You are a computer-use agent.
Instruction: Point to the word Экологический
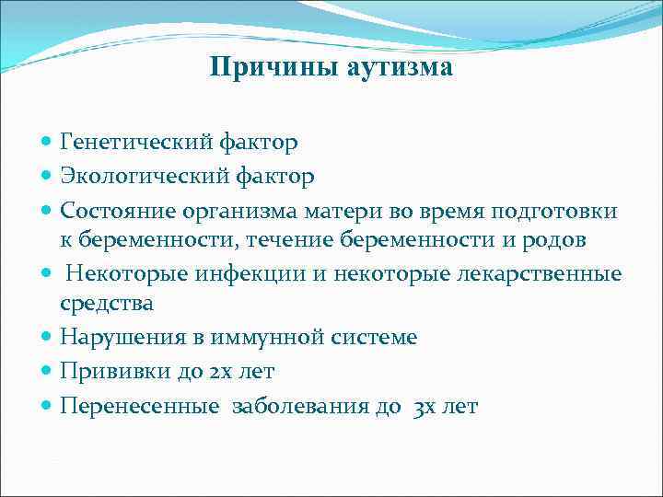pos(145,176)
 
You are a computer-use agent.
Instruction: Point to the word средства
pos(106,303)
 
